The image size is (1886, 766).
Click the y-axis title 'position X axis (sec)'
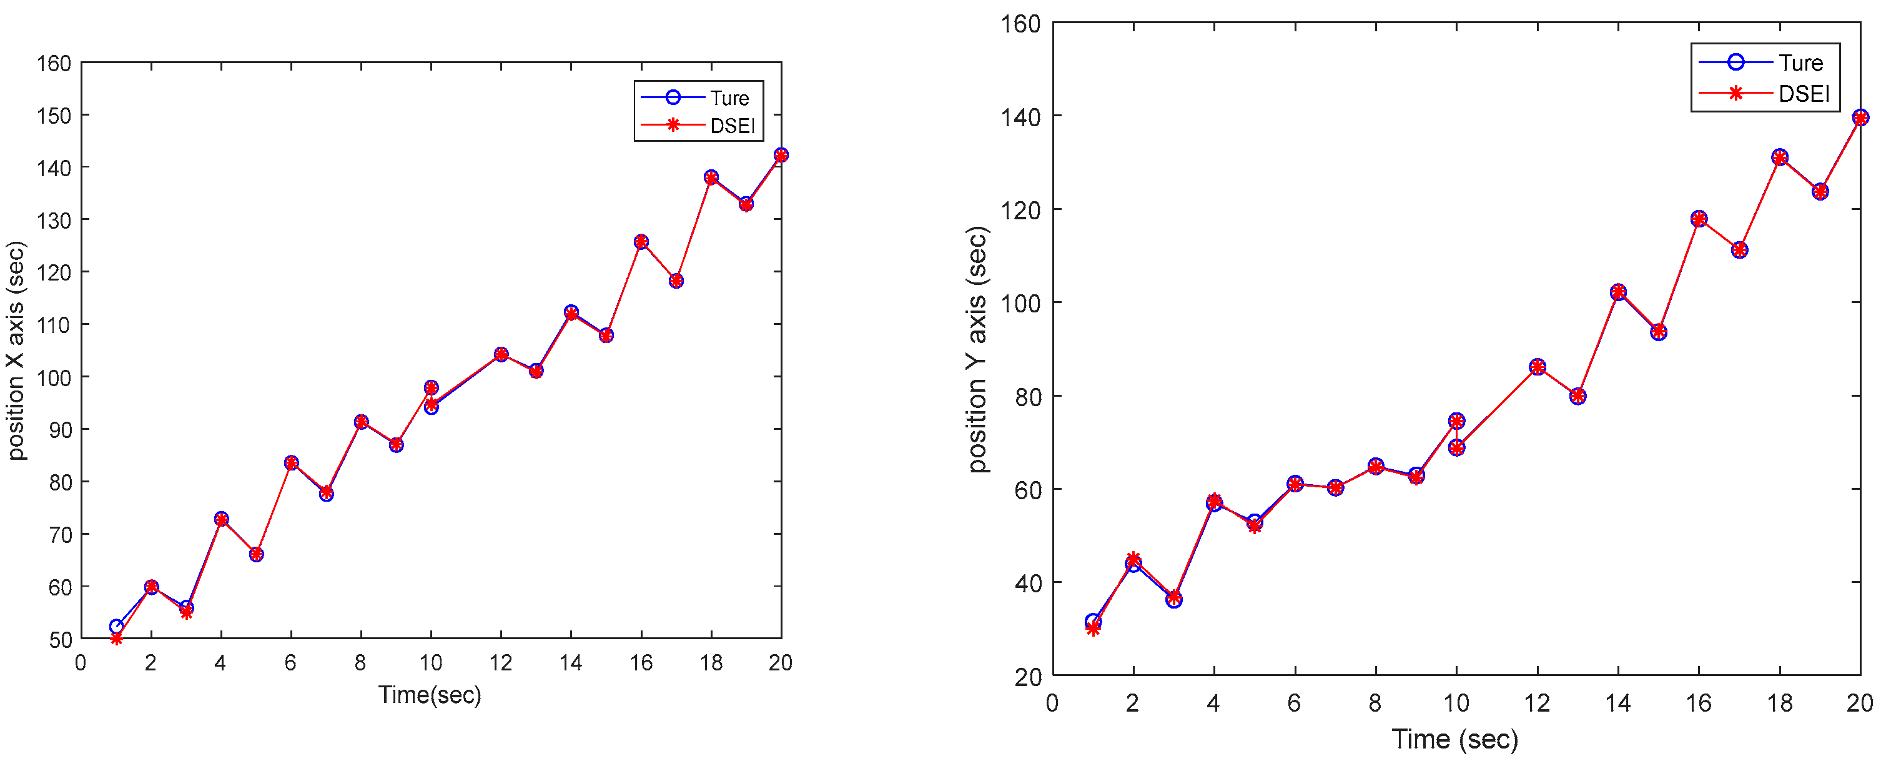click(x=16, y=350)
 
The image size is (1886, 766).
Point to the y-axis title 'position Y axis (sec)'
click(x=977, y=349)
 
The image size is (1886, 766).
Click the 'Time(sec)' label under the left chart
click(x=430, y=694)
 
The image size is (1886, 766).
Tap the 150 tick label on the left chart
click(x=54, y=116)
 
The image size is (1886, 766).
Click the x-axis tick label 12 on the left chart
click(x=501, y=663)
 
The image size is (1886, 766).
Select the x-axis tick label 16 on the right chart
click(x=1699, y=703)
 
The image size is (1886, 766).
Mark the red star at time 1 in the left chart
click(x=116, y=639)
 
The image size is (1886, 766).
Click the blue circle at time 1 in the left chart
click(x=116, y=626)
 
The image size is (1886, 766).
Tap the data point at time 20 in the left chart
click(x=781, y=155)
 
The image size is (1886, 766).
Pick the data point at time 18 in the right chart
click(x=1780, y=157)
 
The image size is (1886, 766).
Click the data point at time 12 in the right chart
click(x=1538, y=367)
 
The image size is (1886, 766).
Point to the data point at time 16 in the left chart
click(x=641, y=242)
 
